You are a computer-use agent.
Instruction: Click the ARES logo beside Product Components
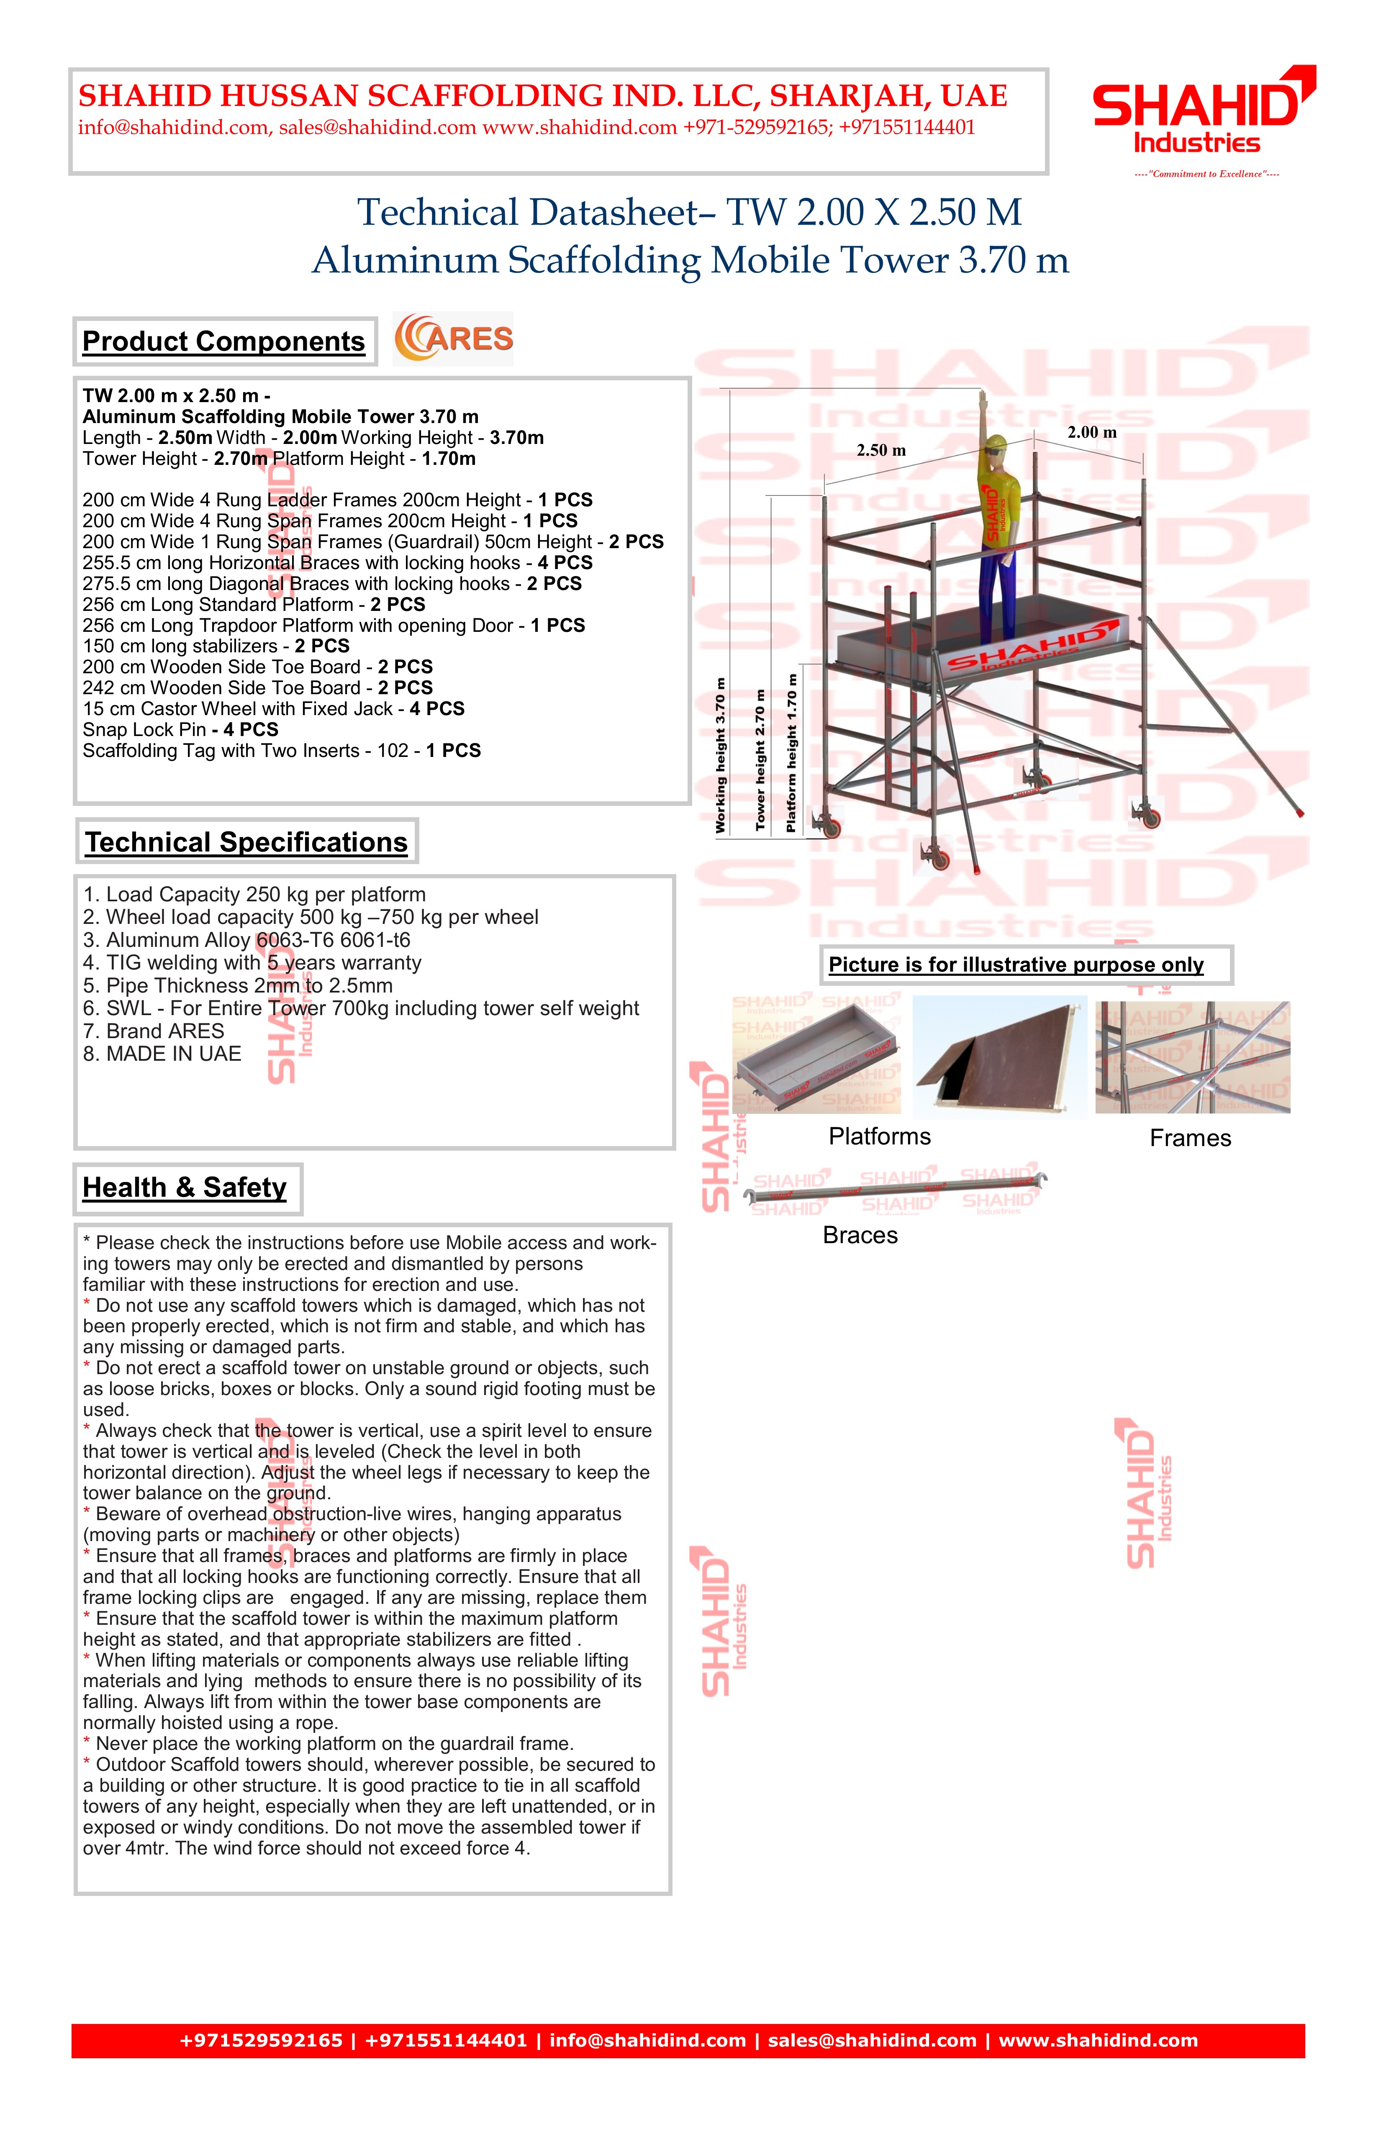coord(454,339)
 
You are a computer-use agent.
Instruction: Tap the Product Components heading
coord(223,341)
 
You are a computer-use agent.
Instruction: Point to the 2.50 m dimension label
coord(880,450)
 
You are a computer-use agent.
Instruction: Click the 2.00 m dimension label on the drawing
coord(1091,432)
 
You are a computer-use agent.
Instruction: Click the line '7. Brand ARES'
coord(153,1031)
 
